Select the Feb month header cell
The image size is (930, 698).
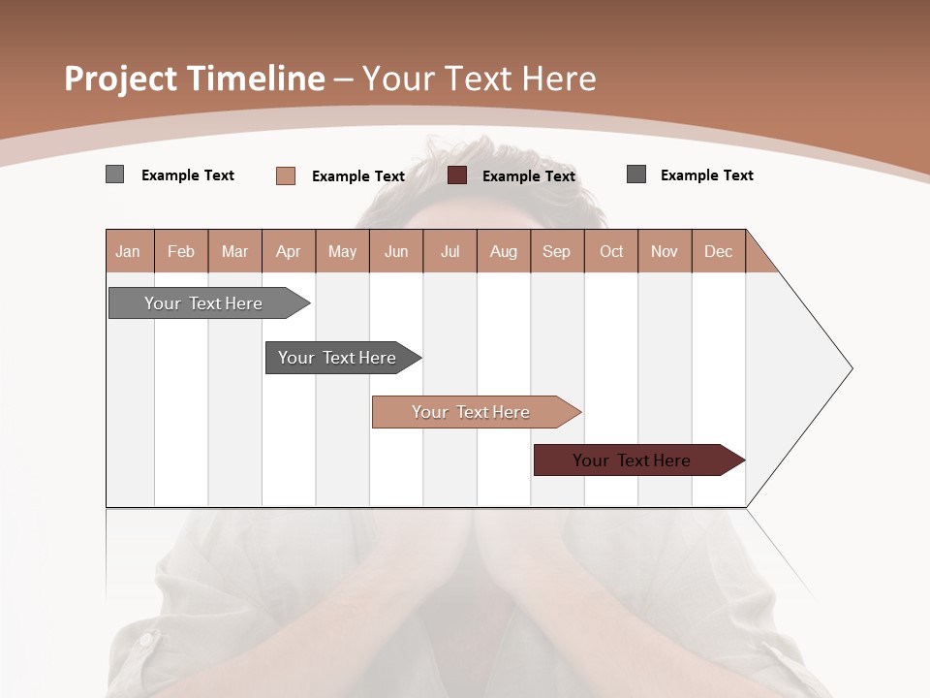181,251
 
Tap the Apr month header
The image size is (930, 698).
289,251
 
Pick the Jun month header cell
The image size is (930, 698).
396,251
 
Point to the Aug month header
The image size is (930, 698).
504,251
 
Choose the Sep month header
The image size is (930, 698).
557,251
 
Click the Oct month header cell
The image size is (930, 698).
611,251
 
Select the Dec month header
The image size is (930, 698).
719,251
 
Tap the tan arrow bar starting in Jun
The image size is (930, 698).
472,412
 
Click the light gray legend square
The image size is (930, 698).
114,174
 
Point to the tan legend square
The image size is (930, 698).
285,175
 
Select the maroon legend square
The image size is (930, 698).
457,175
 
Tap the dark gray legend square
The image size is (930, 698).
636,174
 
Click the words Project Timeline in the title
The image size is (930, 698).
194,79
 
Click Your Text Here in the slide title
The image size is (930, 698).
479,79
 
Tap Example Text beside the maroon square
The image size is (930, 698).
529,176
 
